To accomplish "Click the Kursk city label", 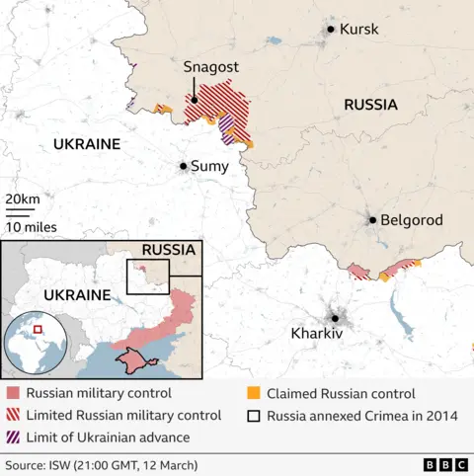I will [358, 30].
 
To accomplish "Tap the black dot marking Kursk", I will [330, 30].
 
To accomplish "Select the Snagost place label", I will [209, 67].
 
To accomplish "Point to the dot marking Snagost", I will [195, 99].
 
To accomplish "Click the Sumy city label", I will [209, 167].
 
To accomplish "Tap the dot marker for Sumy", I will [183, 167].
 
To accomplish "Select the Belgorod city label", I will [412, 220].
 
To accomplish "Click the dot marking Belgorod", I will [372, 220].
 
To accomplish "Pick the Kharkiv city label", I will [316, 334].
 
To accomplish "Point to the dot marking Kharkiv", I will [335, 317].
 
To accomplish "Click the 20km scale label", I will [23, 200].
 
